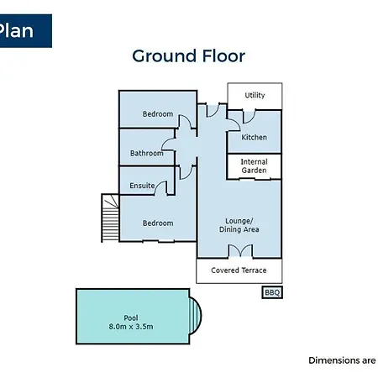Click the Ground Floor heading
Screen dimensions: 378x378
pyautogui.click(x=188, y=56)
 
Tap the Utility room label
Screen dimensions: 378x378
pyautogui.click(x=255, y=95)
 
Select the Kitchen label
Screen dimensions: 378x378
pyautogui.click(x=254, y=137)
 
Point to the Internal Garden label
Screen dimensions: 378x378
pyautogui.click(x=254, y=166)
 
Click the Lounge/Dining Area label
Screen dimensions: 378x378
pyautogui.click(x=239, y=225)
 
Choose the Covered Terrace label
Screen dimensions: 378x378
pyautogui.click(x=239, y=270)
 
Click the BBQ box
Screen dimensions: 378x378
pyautogui.click(x=272, y=292)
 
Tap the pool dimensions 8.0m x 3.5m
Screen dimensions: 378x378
pyautogui.click(x=131, y=327)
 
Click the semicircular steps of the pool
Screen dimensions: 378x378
pyautogui.click(x=196, y=315)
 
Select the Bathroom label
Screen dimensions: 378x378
pyautogui.click(x=146, y=153)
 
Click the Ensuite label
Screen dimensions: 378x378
pyautogui.click(x=142, y=186)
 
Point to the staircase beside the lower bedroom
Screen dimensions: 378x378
pyautogui.click(x=110, y=218)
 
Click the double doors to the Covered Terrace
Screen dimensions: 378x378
pyautogui.click(x=240, y=250)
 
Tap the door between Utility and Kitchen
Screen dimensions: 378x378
pyautogui.click(x=249, y=117)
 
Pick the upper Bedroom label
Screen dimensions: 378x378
pyautogui.click(x=158, y=114)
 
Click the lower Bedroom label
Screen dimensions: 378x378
pyautogui.click(x=158, y=223)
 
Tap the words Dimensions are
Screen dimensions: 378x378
pyautogui.click(x=342, y=360)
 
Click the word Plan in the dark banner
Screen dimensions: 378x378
pyautogui.click(x=16, y=30)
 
